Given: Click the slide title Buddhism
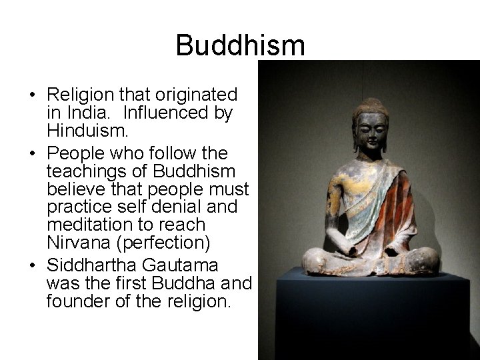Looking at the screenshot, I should [x=240, y=45].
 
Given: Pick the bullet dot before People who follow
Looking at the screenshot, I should [x=33, y=154].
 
